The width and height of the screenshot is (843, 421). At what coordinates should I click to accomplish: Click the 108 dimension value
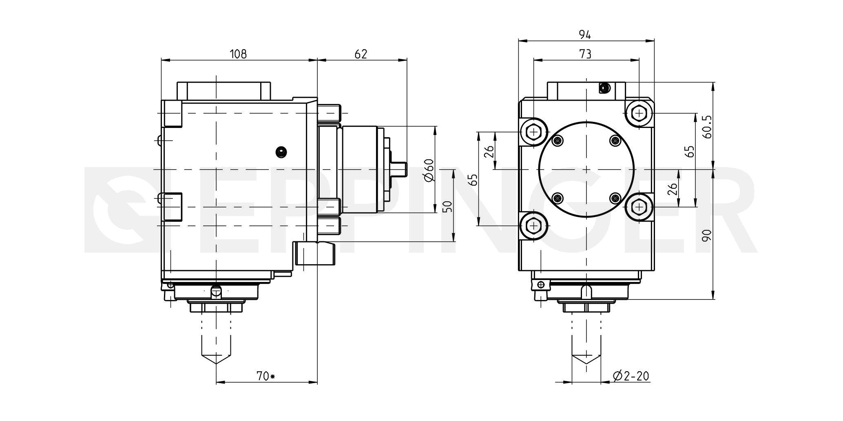click(238, 54)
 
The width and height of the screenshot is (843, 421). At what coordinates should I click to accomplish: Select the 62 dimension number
click(361, 54)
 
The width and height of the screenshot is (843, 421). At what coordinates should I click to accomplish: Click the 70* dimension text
click(266, 376)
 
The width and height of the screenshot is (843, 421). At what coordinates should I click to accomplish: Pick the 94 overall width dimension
click(586, 35)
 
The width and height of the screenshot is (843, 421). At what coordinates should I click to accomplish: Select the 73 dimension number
click(586, 54)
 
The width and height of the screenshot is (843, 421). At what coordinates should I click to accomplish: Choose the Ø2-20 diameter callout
click(631, 376)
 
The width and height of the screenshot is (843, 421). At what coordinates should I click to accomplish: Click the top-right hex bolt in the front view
click(639, 113)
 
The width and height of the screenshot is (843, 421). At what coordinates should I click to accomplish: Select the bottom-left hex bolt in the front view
click(533, 225)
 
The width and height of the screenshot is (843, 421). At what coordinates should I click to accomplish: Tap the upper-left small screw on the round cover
click(558, 141)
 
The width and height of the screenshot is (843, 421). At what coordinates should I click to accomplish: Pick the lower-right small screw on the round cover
click(615, 198)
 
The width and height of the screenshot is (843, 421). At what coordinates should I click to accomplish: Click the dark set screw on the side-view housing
click(281, 152)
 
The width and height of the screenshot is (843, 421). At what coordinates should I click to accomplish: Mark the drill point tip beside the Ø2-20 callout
click(586, 363)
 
